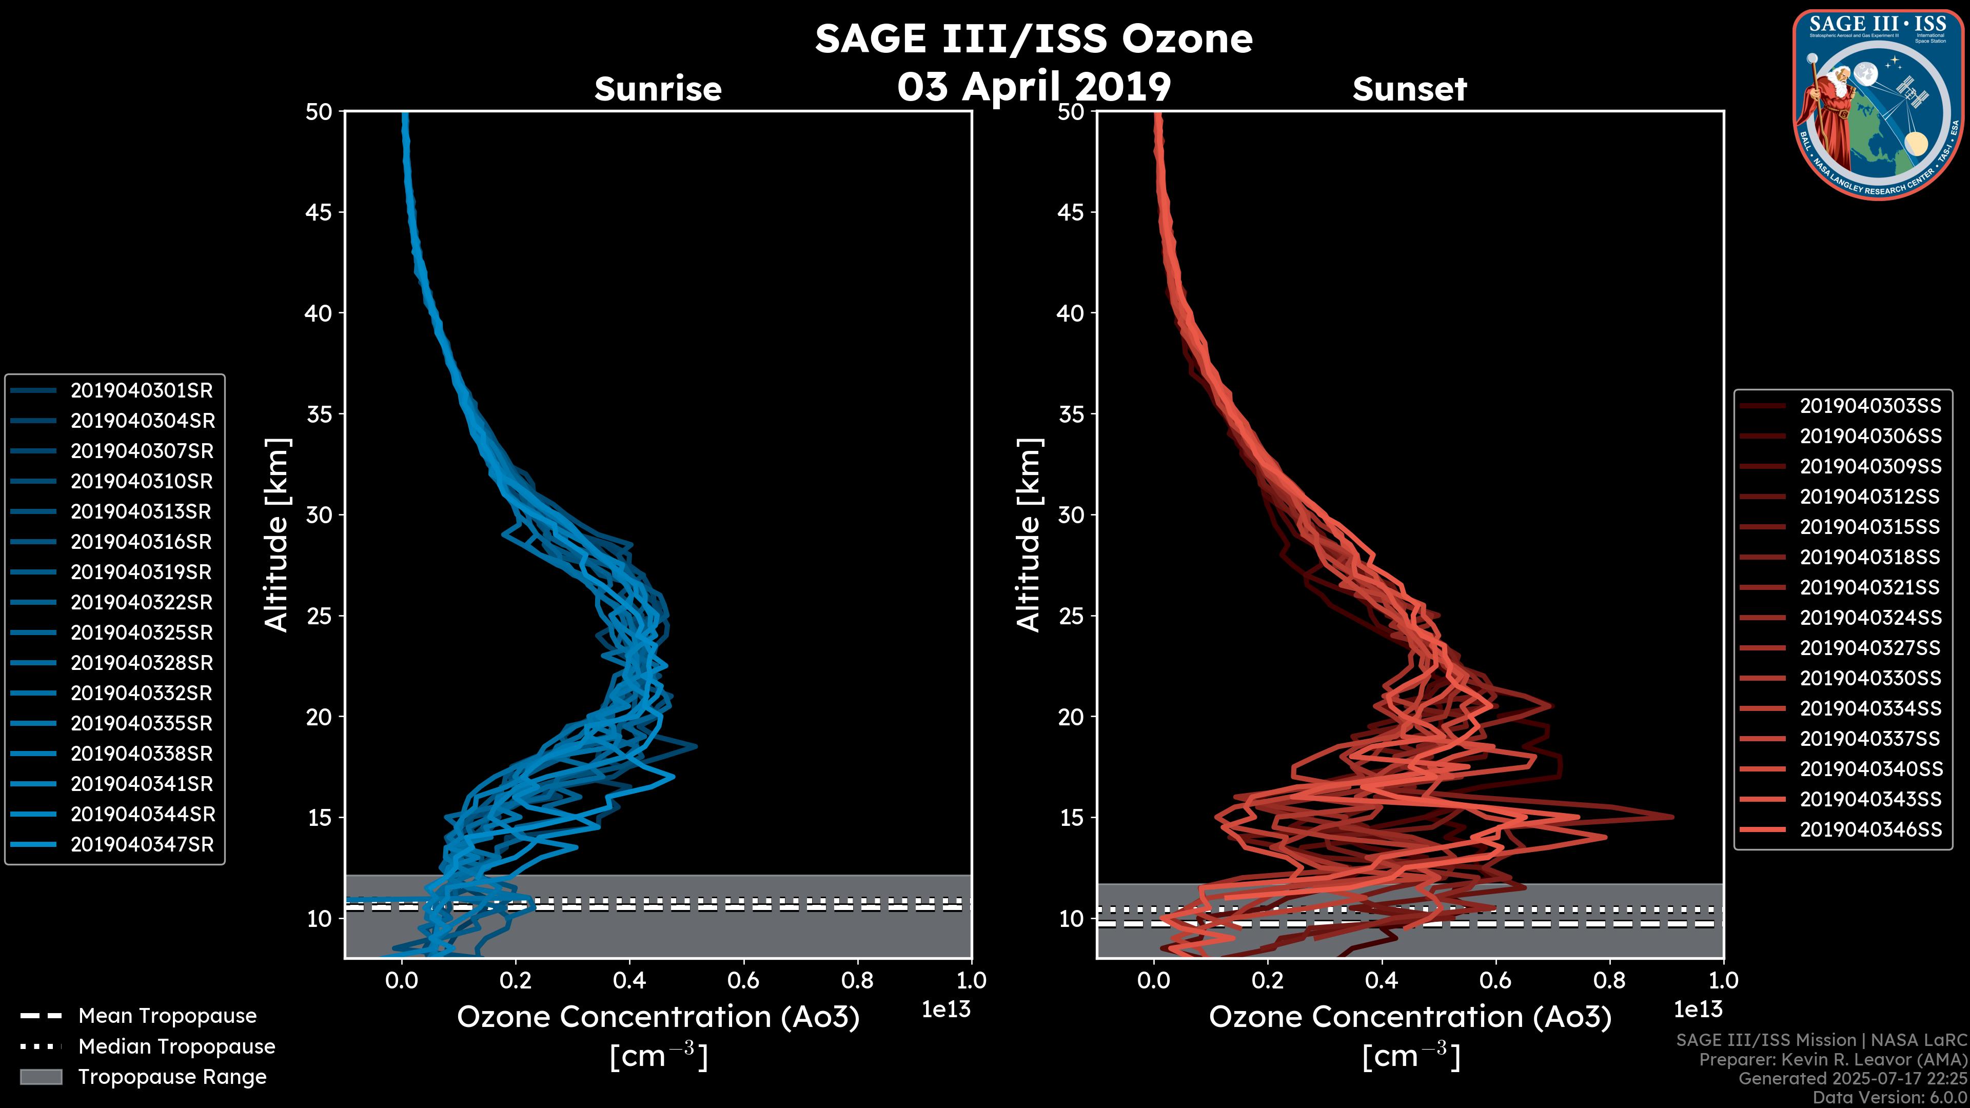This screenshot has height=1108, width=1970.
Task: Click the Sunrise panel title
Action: coord(658,89)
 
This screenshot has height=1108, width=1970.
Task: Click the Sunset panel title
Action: coord(1409,89)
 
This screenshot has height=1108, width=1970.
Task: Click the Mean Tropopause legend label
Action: coord(167,1016)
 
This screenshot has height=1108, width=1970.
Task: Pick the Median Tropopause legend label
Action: coord(176,1047)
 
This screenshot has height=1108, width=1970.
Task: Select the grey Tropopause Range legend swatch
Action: coord(41,1077)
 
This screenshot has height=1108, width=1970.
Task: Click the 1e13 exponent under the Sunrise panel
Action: coord(946,1010)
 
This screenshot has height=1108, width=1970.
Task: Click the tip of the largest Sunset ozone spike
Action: coord(1672,817)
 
